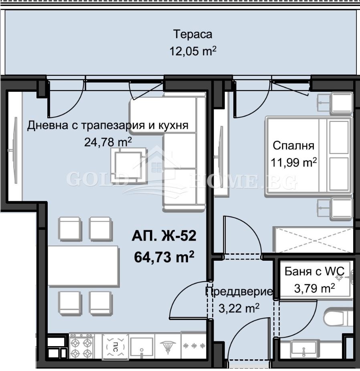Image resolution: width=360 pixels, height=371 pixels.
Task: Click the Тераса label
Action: click(x=192, y=34)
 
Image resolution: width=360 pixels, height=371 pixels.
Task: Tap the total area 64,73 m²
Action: click(x=164, y=256)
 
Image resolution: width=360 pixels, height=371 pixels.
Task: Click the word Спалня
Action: click(x=293, y=145)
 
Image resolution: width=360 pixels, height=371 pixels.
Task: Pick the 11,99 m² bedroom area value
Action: click(x=294, y=162)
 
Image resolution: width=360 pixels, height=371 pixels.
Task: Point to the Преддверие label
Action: click(x=239, y=292)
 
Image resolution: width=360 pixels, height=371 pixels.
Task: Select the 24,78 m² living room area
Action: click(x=108, y=142)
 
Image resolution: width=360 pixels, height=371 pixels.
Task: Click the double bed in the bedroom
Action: click(x=308, y=157)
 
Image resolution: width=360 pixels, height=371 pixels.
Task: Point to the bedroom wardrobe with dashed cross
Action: click(x=313, y=240)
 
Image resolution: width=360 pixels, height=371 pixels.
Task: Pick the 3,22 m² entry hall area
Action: click(x=239, y=309)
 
